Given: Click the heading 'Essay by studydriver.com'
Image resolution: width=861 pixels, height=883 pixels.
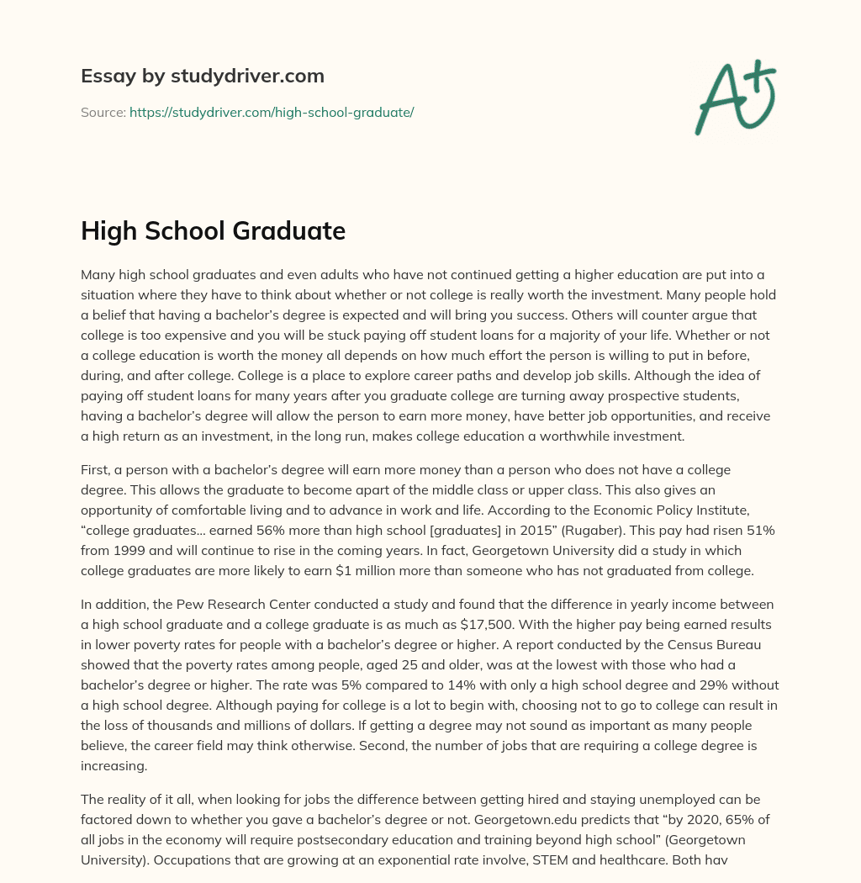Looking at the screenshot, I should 203,76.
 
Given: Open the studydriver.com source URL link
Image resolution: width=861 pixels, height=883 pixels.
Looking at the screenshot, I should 272,112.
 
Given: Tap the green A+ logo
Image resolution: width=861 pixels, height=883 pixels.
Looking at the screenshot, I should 735,97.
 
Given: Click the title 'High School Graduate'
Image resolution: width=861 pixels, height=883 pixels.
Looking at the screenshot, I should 213,230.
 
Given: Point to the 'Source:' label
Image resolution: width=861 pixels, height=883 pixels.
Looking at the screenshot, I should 103,112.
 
